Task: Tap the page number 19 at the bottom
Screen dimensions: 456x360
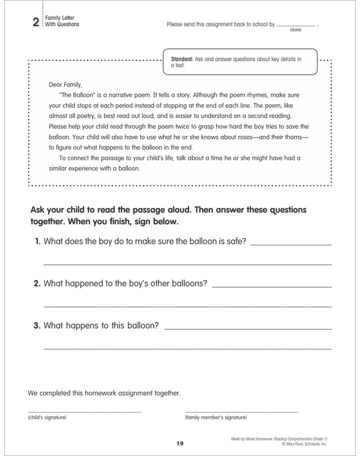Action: pos(180,443)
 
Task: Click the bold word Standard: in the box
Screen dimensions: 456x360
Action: pos(187,59)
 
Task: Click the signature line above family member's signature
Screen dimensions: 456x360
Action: pos(241,411)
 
